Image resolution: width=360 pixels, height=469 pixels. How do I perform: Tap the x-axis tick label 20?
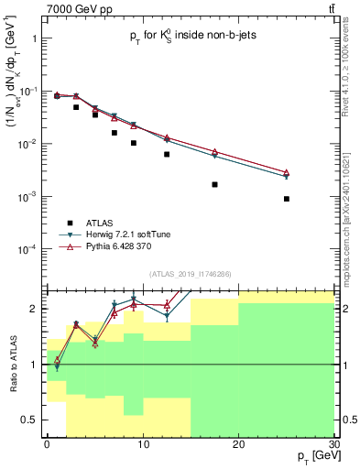(x=238, y=443)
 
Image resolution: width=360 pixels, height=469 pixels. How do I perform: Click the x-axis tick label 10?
(x=142, y=443)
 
